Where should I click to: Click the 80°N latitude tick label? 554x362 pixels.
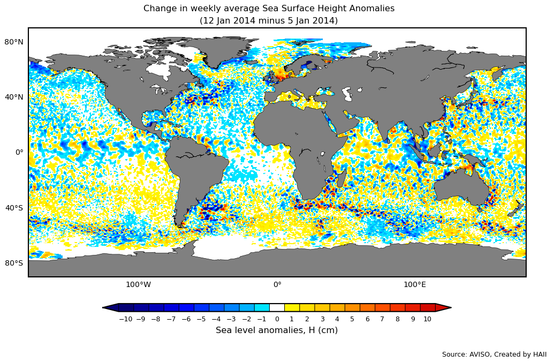[14, 42]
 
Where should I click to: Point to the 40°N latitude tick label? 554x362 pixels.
[14, 97]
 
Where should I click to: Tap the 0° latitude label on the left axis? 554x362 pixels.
[19, 152]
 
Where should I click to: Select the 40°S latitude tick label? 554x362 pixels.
[14, 208]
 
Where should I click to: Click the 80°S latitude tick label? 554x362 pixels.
[14, 263]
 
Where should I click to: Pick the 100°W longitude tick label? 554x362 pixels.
[138, 284]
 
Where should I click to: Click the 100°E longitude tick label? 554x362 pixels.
[415, 284]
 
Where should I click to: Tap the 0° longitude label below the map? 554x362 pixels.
[277, 284]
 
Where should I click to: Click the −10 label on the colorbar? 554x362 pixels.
[125, 319]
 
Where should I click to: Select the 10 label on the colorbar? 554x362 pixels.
[427, 319]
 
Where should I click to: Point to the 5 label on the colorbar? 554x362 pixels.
[352, 319]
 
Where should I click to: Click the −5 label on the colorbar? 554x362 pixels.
[201, 319]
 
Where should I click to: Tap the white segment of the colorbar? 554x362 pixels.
[277, 307]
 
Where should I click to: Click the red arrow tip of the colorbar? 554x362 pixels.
[443, 307]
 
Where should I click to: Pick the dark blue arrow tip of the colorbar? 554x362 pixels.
[111, 307]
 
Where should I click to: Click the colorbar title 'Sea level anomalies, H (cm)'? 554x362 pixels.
[277, 330]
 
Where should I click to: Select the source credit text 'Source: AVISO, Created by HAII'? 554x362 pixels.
[494, 355]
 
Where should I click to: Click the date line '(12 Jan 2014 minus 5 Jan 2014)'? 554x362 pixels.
[269, 21]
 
